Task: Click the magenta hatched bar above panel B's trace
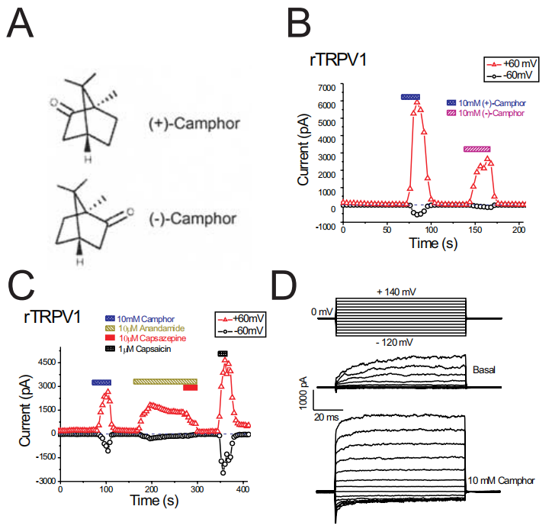tap(477, 149)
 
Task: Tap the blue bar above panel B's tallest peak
tap(410, 97)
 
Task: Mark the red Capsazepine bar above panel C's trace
tap(191, 388)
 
